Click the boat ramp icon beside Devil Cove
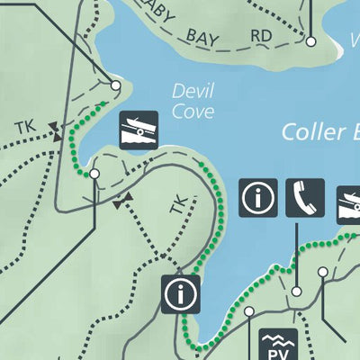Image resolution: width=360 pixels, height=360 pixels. pos(139,130)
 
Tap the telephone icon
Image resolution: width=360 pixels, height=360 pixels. pos(304,197)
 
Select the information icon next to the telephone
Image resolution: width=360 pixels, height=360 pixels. pos(257,197)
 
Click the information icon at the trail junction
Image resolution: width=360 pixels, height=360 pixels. pos(180,293)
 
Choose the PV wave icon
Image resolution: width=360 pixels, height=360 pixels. pos(278,345)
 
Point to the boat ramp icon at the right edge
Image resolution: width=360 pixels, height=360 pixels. pos(349,204)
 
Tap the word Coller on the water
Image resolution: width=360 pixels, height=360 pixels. pos(310,131)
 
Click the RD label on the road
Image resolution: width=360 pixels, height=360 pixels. pos(262,35)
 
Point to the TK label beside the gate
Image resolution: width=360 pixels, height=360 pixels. pos(24,128)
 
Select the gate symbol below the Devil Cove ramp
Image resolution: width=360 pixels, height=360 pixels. pos(123,200)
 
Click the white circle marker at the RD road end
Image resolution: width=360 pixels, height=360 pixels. pos(310,41)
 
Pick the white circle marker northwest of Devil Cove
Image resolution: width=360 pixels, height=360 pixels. pos(116,85)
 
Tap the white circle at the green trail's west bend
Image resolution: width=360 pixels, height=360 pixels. pos(94,173)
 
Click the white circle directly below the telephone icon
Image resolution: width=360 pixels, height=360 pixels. pos(296,292)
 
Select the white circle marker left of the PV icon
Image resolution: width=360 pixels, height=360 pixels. pos(249,311)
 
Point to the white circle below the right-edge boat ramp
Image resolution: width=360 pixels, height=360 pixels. pos(322,272)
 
